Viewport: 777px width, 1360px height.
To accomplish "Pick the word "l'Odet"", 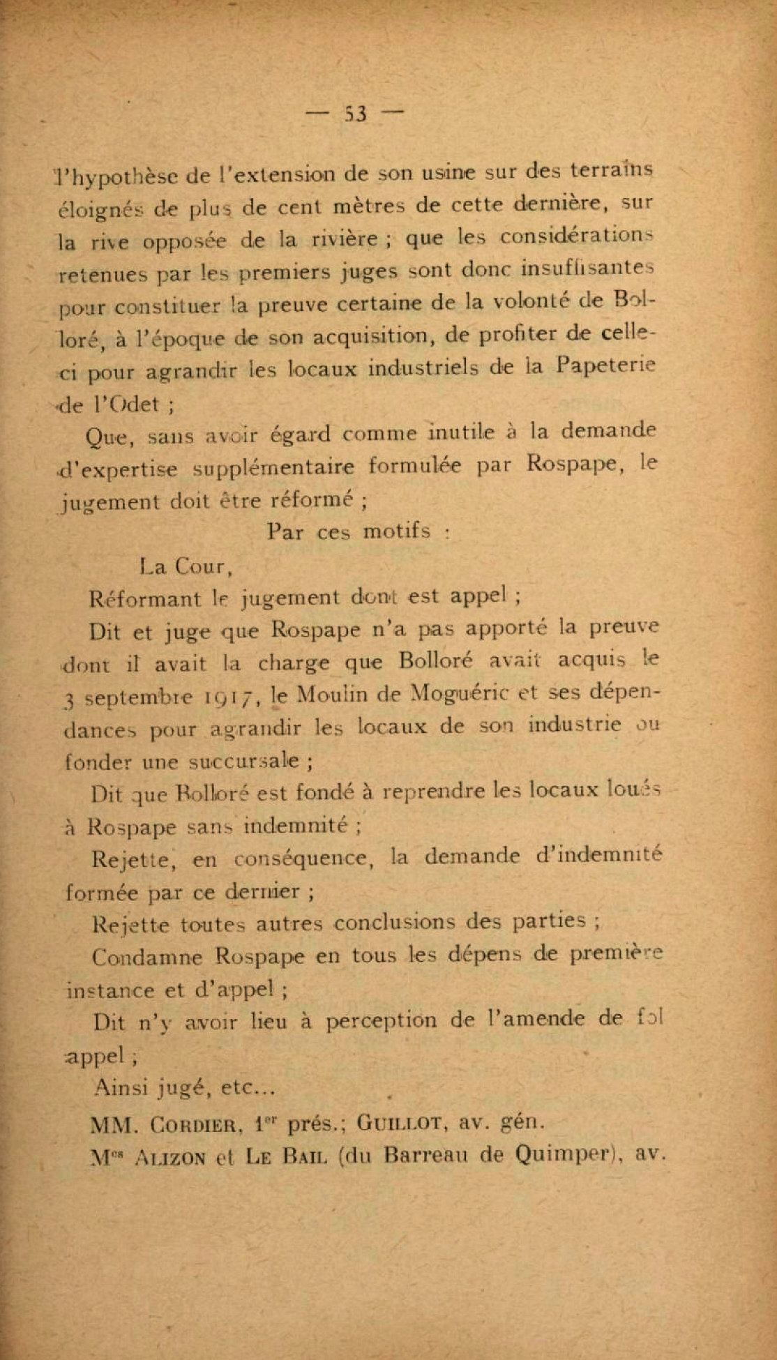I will click(x=122, y=404).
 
